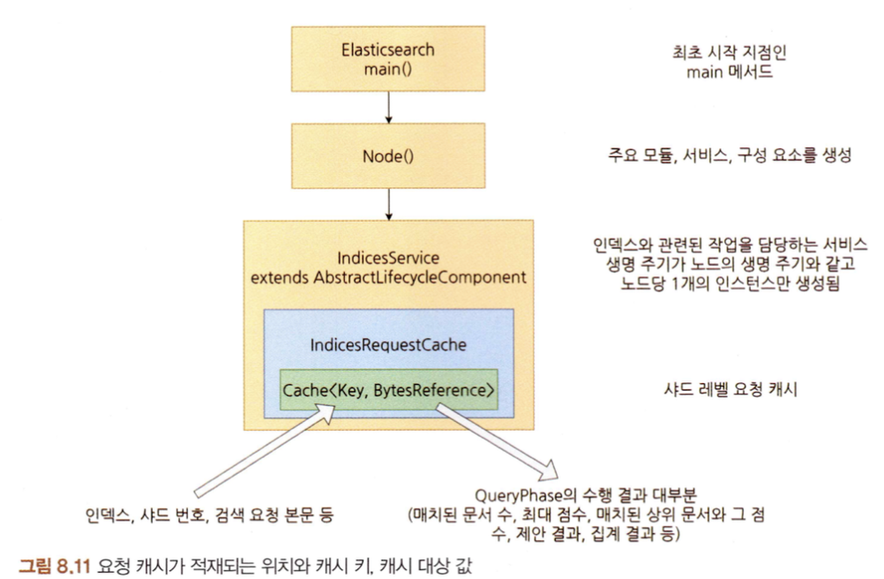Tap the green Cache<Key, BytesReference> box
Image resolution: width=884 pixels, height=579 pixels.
pos(388,389)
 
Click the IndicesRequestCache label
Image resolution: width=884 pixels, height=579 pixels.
pos(388,347)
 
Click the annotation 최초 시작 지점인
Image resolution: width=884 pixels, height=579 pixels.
pos(730,53)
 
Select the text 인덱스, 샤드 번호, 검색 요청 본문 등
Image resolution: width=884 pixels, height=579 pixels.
pos(209,513)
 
